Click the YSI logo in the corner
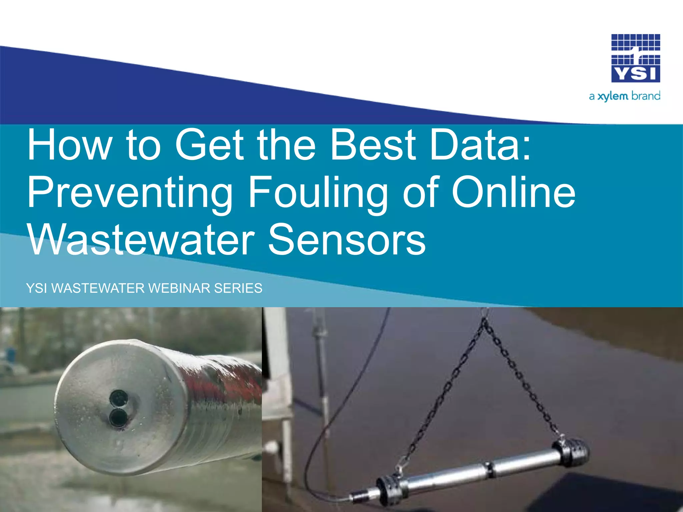point(635,58)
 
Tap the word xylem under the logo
point(612,97)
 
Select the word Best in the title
point(373,145)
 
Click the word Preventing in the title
point(130,193)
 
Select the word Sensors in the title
point(347,240)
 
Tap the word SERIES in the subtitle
point(238,288)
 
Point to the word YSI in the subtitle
point(37,288)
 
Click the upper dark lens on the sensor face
point(117,398)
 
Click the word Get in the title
point(209,145)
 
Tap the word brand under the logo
point(646,96)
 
